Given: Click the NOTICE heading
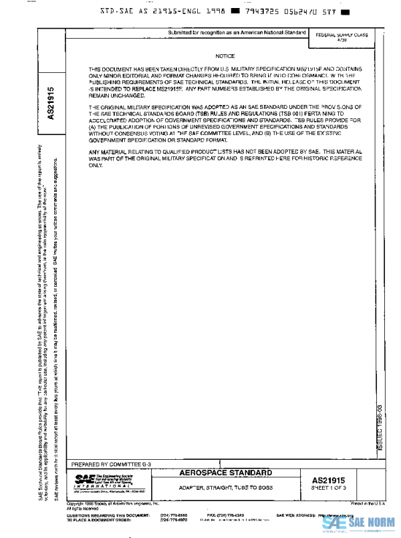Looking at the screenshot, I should pos(225,56).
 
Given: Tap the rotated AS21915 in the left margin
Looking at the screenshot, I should pos(51,102).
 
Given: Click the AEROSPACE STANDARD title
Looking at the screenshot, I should pos(227,473).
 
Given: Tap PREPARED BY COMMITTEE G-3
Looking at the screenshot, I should pos(112,463).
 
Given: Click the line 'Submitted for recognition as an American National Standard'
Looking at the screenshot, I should pos(236,33).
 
